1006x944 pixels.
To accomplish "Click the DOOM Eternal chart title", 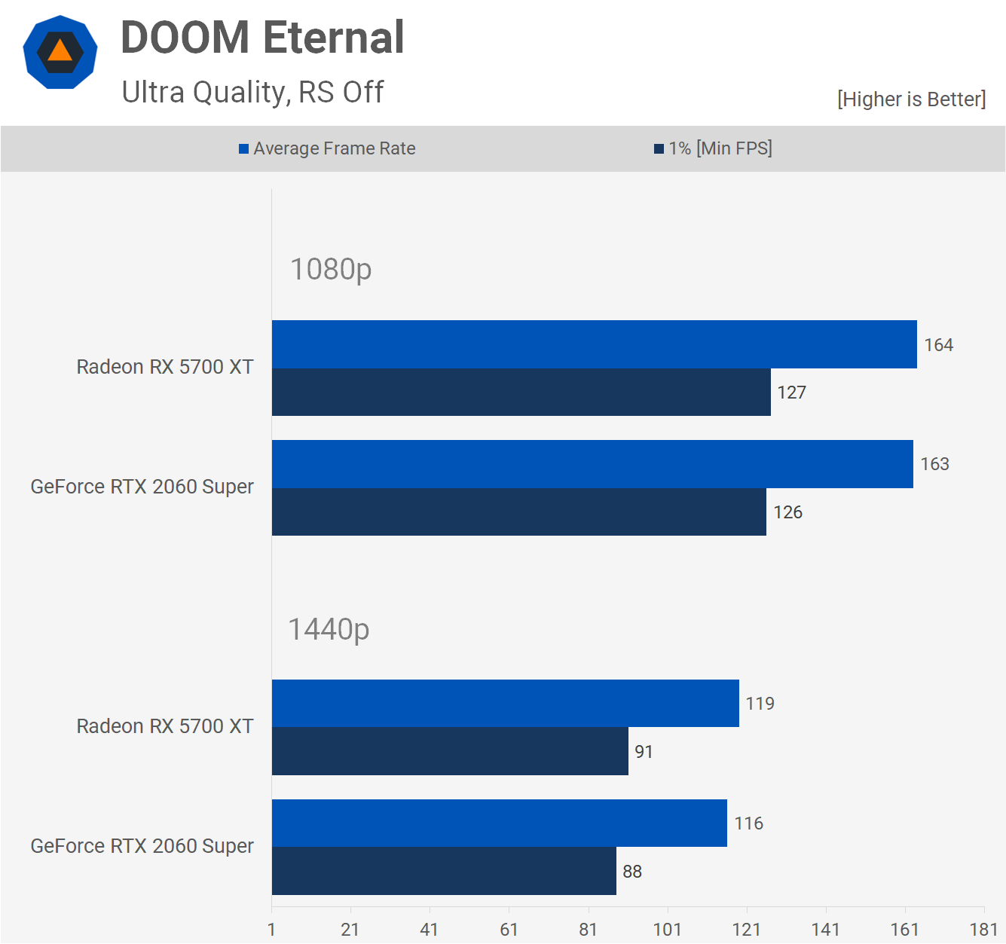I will point(262,38).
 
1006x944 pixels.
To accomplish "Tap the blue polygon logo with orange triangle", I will point(60,52).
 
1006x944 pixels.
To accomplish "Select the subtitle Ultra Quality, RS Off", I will point(252,93).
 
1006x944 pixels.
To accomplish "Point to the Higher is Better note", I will point(911,99).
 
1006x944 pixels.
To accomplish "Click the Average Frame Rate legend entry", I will point(327,148).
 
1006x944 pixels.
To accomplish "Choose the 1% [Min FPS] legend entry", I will point(713,148).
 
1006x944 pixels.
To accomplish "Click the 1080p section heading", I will point(331,270).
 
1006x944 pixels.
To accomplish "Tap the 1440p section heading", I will point(329,630).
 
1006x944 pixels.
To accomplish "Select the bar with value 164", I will point(594,344).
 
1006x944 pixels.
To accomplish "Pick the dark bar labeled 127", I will point(521,393).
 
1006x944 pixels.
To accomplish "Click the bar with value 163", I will point(592,464).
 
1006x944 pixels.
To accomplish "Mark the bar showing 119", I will point(505,704).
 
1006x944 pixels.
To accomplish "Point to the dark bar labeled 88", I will point(444,872).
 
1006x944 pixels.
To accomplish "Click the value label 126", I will point(787,512).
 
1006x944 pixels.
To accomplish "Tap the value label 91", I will point(644,752).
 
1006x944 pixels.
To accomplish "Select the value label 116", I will point(748,823).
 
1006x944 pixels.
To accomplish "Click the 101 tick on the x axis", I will point(667,930).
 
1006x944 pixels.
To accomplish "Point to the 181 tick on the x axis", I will point(983,930).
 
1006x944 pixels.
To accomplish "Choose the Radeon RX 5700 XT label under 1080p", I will point(165,367).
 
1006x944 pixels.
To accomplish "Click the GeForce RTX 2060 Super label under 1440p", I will point(142,846).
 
